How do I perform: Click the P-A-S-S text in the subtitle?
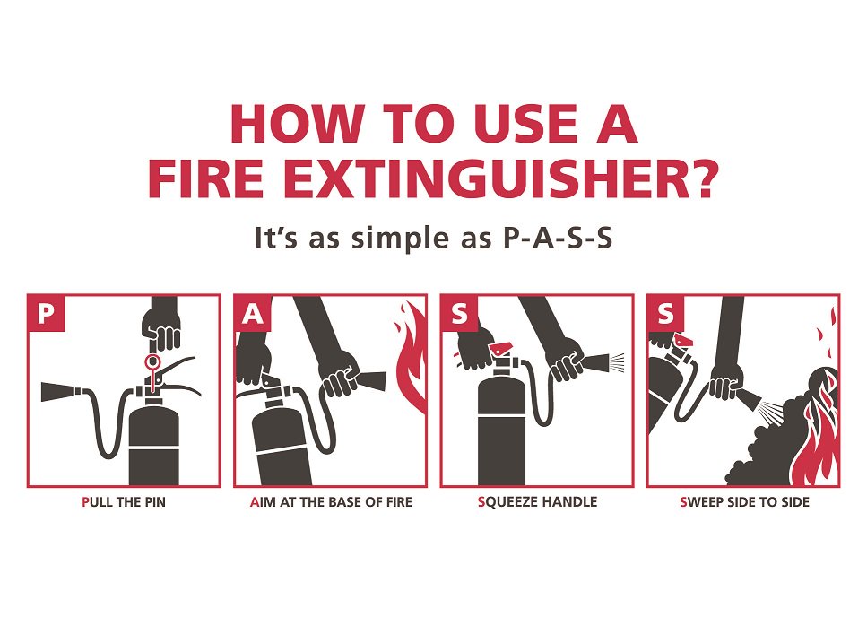[553, 240]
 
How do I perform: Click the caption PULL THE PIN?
[124, 502]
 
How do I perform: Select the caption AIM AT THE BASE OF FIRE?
[331, 502]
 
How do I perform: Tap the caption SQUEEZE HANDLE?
[536, 502]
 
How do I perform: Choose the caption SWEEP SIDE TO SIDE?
[744, 502]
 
